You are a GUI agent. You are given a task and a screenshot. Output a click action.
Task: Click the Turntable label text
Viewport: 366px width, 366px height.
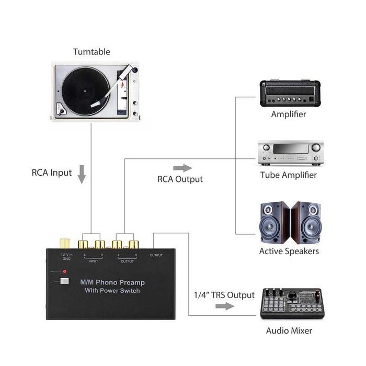click(x=92, y=52)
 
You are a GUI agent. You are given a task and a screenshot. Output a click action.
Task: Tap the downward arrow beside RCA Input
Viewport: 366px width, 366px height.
click(x=82, y=174)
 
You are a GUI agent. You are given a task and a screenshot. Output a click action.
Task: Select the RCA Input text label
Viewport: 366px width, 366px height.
click(x=51, y=173)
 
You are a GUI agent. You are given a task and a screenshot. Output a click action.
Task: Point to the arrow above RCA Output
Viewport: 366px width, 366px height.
click(x=182, y=168)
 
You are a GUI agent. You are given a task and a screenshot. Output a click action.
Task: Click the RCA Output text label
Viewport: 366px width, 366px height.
click(x=180, y=179)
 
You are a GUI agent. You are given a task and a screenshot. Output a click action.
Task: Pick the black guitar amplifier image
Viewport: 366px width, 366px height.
click(x=288, y=94)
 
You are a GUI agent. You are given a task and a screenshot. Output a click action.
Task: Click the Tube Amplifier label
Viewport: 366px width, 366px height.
click(x=288, y=175)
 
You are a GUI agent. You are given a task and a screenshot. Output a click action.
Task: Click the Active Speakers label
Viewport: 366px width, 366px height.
click(x=289, y=251)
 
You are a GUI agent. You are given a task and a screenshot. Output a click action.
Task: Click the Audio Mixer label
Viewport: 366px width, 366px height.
click(x=289, y=330)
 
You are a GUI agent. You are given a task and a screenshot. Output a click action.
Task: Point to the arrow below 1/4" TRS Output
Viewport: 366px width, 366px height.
click(x=225, y=306)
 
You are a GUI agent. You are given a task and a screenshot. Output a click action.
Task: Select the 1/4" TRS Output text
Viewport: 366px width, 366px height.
click(x=224, y=295)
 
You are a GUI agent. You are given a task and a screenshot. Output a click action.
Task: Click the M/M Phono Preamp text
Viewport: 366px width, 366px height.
click(x=112, y=282)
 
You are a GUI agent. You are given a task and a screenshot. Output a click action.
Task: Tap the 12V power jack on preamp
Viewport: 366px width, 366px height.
click(x=65, y=244)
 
